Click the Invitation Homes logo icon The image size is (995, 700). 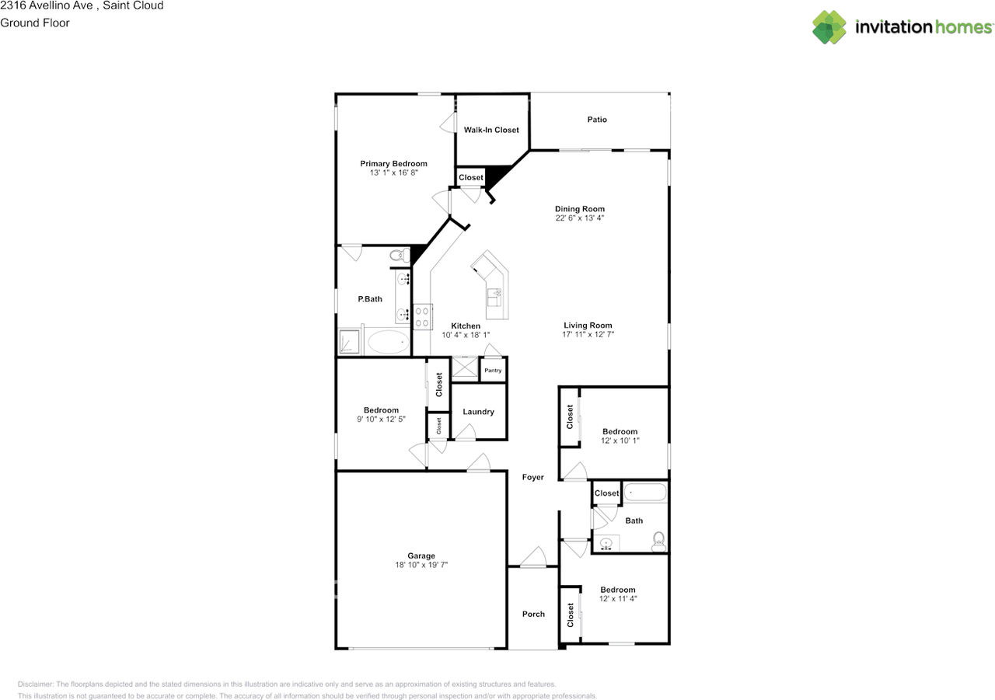[829, 27]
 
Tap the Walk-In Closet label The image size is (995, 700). [491, 130]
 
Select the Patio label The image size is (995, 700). [597, 120]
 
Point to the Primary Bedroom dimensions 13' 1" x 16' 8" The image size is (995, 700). [393, 172]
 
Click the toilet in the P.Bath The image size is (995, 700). [399, 255]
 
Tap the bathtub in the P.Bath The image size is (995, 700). [387, 342]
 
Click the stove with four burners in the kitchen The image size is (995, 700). [422, 316]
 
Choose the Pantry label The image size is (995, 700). [493, 371]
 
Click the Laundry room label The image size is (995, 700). [478, 412]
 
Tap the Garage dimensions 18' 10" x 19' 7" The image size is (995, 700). [421, 566]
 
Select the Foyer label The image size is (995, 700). [533, 477]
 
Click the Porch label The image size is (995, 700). [533, 614]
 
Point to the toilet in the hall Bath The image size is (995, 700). [658, 539]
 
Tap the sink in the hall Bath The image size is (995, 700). [608, 543]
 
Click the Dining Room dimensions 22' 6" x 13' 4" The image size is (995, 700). [580, 218]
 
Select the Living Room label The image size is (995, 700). [588, 326]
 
